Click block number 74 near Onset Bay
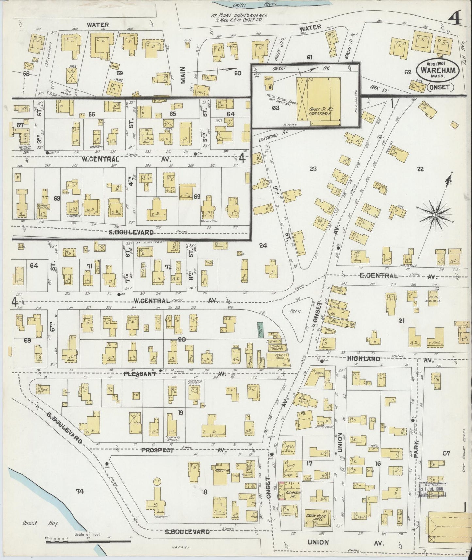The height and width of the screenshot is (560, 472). pos(80,491)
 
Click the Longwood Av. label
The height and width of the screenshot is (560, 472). pos(266,138)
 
